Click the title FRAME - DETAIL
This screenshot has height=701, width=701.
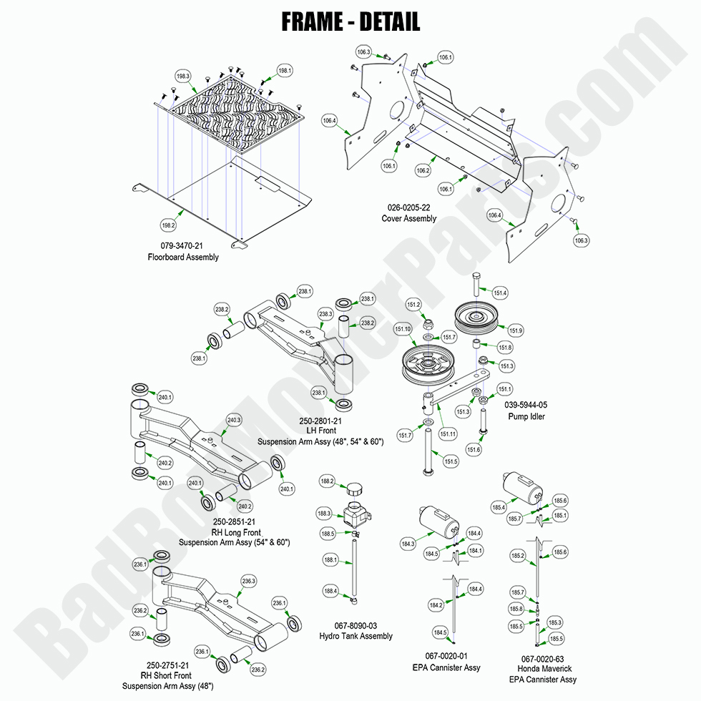(x=350, y=21)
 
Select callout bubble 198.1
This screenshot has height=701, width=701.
(x=285, y=71)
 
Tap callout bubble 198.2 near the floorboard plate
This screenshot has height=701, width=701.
(x=168, y=226)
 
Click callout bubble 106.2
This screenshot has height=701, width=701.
(x=422, y=171)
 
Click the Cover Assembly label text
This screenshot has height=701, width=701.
(x=408, y=219)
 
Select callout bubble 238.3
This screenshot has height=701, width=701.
(x=325, y=314)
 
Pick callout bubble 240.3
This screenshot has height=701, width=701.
(x=234, y=420)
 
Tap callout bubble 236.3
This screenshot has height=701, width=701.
(x=248, y=581)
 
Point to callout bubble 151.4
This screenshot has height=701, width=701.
(x=501, y=293)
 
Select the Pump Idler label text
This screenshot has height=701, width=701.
(x=526, y=416)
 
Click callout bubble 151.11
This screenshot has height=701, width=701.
(x=450, y=433)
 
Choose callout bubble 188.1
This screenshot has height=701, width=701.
(x=330, y=560)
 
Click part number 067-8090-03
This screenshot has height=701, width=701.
(x=356, y=625)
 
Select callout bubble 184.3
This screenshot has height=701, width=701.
(x=408, y=545)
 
